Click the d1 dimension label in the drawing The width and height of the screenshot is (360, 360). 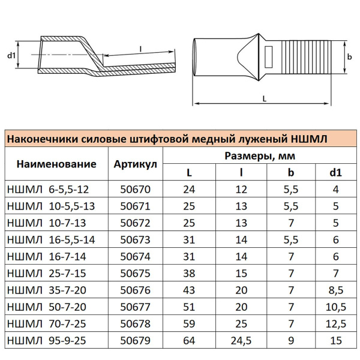click(11, 56)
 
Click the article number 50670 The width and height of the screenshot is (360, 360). click(134, 189)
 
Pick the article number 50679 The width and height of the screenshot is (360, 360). click(134, 341)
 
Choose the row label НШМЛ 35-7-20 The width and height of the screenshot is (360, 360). click(47, 290)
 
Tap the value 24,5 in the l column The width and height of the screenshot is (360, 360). click(241, 341)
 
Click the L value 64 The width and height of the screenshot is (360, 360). click(189, 341)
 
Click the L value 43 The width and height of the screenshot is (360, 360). click(189, 290)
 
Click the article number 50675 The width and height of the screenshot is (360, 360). click(134, 274)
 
